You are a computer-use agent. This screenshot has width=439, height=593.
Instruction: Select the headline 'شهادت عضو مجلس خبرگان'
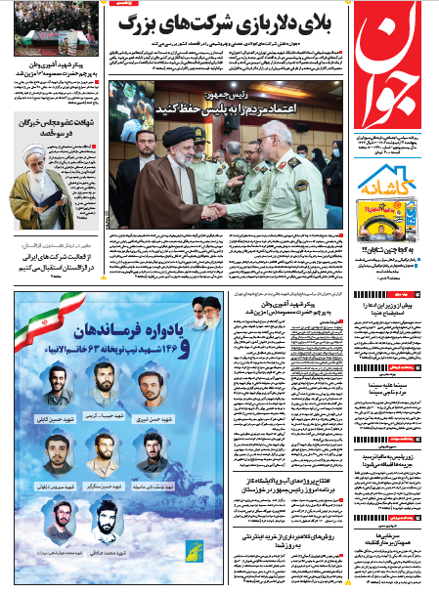(x=55, y=124)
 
